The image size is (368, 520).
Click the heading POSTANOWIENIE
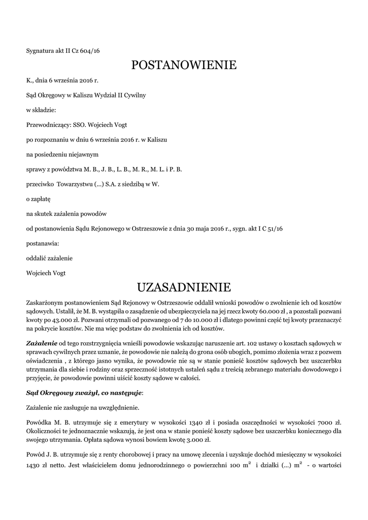184,65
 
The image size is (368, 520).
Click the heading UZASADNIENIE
184,288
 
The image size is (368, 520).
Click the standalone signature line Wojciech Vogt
46,273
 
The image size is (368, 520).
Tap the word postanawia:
43,244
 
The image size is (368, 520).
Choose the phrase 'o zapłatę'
38,199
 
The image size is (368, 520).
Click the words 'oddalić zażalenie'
49,258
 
